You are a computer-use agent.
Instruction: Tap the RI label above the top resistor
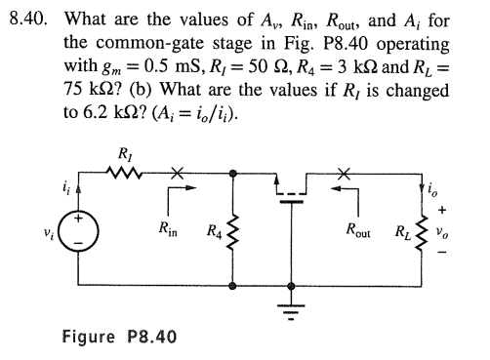[x=126, y=155]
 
